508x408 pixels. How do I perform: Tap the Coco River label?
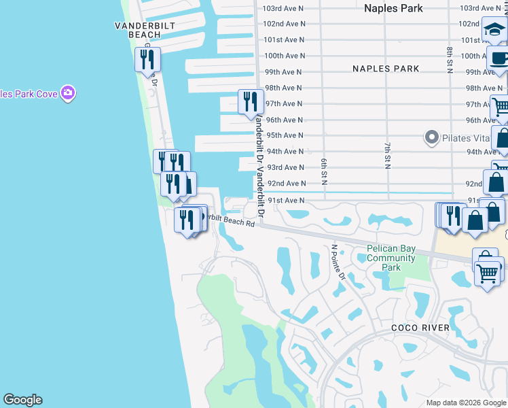point(420,328)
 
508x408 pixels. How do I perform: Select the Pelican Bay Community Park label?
point(391,258)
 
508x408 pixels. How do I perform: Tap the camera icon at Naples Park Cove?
point(67,92)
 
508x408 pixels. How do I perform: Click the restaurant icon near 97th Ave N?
point(250,101)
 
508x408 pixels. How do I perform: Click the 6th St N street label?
point(325,169)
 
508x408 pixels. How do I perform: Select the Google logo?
point(22,400)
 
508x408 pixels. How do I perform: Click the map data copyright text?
point(466,403)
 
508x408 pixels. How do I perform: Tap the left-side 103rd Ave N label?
point(285,7)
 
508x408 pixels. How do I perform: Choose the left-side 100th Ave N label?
point(285,56)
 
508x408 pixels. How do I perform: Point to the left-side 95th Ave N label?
point(285,135)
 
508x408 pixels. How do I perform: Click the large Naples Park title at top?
point(393,8)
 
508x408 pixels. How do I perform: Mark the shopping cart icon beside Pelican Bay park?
point(488,273)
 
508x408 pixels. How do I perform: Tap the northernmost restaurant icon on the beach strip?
point(147,59)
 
